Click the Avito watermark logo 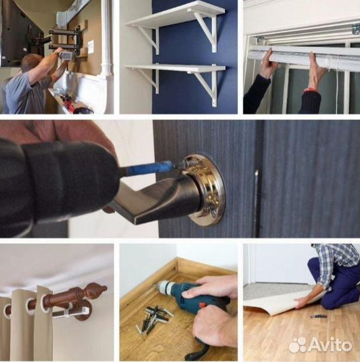tap(320, 345)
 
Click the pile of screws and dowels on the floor tap(154, 319)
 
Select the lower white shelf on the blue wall tap(175, 68)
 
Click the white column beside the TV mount tap(105, 40)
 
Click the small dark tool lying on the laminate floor tap(316, 316)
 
